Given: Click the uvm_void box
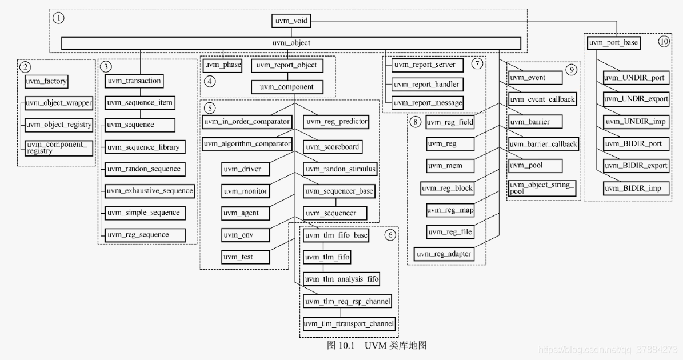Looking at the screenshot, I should (x=291, y=21).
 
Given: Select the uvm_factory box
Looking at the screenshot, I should (x=46, y=81).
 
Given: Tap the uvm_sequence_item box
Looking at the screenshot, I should (x=139, y=103).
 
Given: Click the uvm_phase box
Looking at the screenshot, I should (x=222, y=65).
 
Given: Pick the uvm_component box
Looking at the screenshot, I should (x=287, y=87).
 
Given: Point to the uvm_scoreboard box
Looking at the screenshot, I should (x=332, y=147).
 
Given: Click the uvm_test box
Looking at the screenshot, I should (x=238, y=257).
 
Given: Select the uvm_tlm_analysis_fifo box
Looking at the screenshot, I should (x=341, y=279).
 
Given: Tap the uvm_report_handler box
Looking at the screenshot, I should (x=426, y=85).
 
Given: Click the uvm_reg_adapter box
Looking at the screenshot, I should (x=444, y=253).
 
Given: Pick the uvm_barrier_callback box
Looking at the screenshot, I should (x=543, y=144).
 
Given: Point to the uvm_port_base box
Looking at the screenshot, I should (x=613, y=42).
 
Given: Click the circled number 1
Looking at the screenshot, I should (x=58, y=18).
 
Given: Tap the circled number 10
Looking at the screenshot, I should (x=663, y=42).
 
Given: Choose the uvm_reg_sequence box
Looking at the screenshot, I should (x=145, y=234).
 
